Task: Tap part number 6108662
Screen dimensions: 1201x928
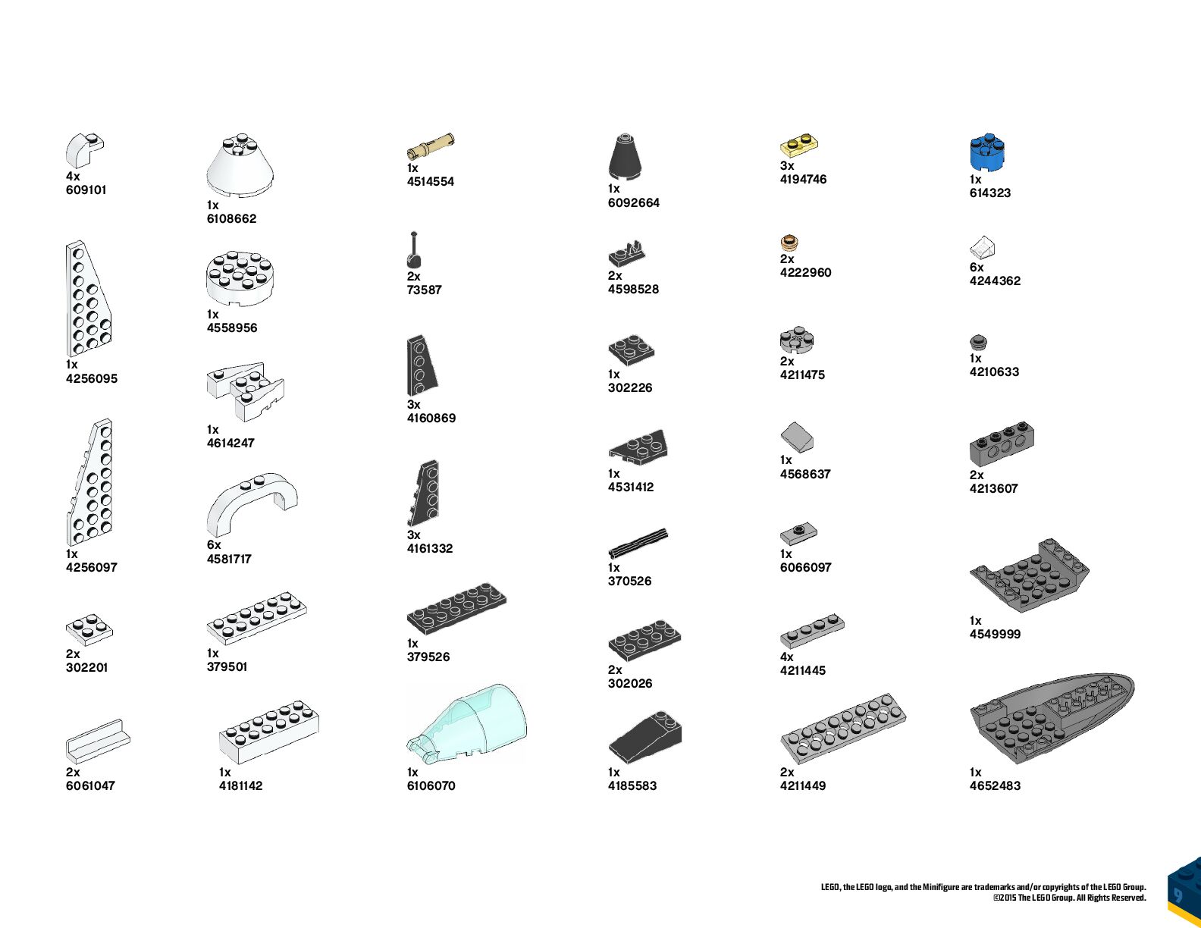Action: (231, 218)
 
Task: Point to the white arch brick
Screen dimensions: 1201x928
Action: (252, 503)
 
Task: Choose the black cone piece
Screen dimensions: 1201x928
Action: (625, 157)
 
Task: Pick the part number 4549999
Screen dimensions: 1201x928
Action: (995, 634)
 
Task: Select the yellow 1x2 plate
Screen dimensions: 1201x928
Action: (799, 145)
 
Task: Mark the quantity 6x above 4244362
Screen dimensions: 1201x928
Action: (977, 267)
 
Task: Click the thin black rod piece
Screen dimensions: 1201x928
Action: (638, 542)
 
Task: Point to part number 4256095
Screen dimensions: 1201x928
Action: (92, 378)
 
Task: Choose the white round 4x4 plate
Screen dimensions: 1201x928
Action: (243, 277)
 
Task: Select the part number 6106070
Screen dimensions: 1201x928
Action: (431, 785)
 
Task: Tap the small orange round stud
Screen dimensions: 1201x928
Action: (789, 243)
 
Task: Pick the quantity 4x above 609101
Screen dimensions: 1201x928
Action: (73, 176)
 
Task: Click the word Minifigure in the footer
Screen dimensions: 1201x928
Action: (941, 887)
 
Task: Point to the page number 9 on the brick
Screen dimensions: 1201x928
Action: (1177, 895)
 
